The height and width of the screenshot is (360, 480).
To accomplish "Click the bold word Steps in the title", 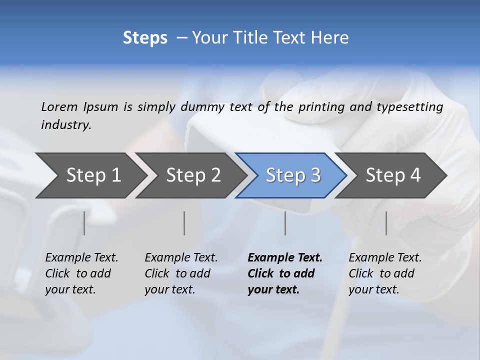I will (145, 38).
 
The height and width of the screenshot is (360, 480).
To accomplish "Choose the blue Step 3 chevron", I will (292, 175).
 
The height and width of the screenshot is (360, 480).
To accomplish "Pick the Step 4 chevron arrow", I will (392, 175).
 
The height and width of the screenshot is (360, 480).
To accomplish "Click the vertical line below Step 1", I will (84, 223).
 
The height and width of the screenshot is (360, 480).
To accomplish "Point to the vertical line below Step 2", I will (184, 223).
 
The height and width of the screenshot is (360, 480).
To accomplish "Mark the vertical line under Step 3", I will (285, 223).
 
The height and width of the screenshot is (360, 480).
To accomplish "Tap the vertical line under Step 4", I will (386, 223).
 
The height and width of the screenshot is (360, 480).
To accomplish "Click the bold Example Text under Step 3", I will (285, 258).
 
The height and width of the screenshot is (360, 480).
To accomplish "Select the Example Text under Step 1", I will (81, 258).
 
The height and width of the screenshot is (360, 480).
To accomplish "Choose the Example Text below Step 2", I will (181, 258).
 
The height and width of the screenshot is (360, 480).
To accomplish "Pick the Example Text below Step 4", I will (385, 258).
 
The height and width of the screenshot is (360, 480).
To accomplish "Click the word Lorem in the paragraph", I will (59, 107).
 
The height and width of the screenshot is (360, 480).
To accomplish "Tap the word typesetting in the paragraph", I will (415, 107).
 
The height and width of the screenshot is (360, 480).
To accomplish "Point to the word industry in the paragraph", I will (65, 125).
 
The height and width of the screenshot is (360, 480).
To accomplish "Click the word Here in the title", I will (330, 38).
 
